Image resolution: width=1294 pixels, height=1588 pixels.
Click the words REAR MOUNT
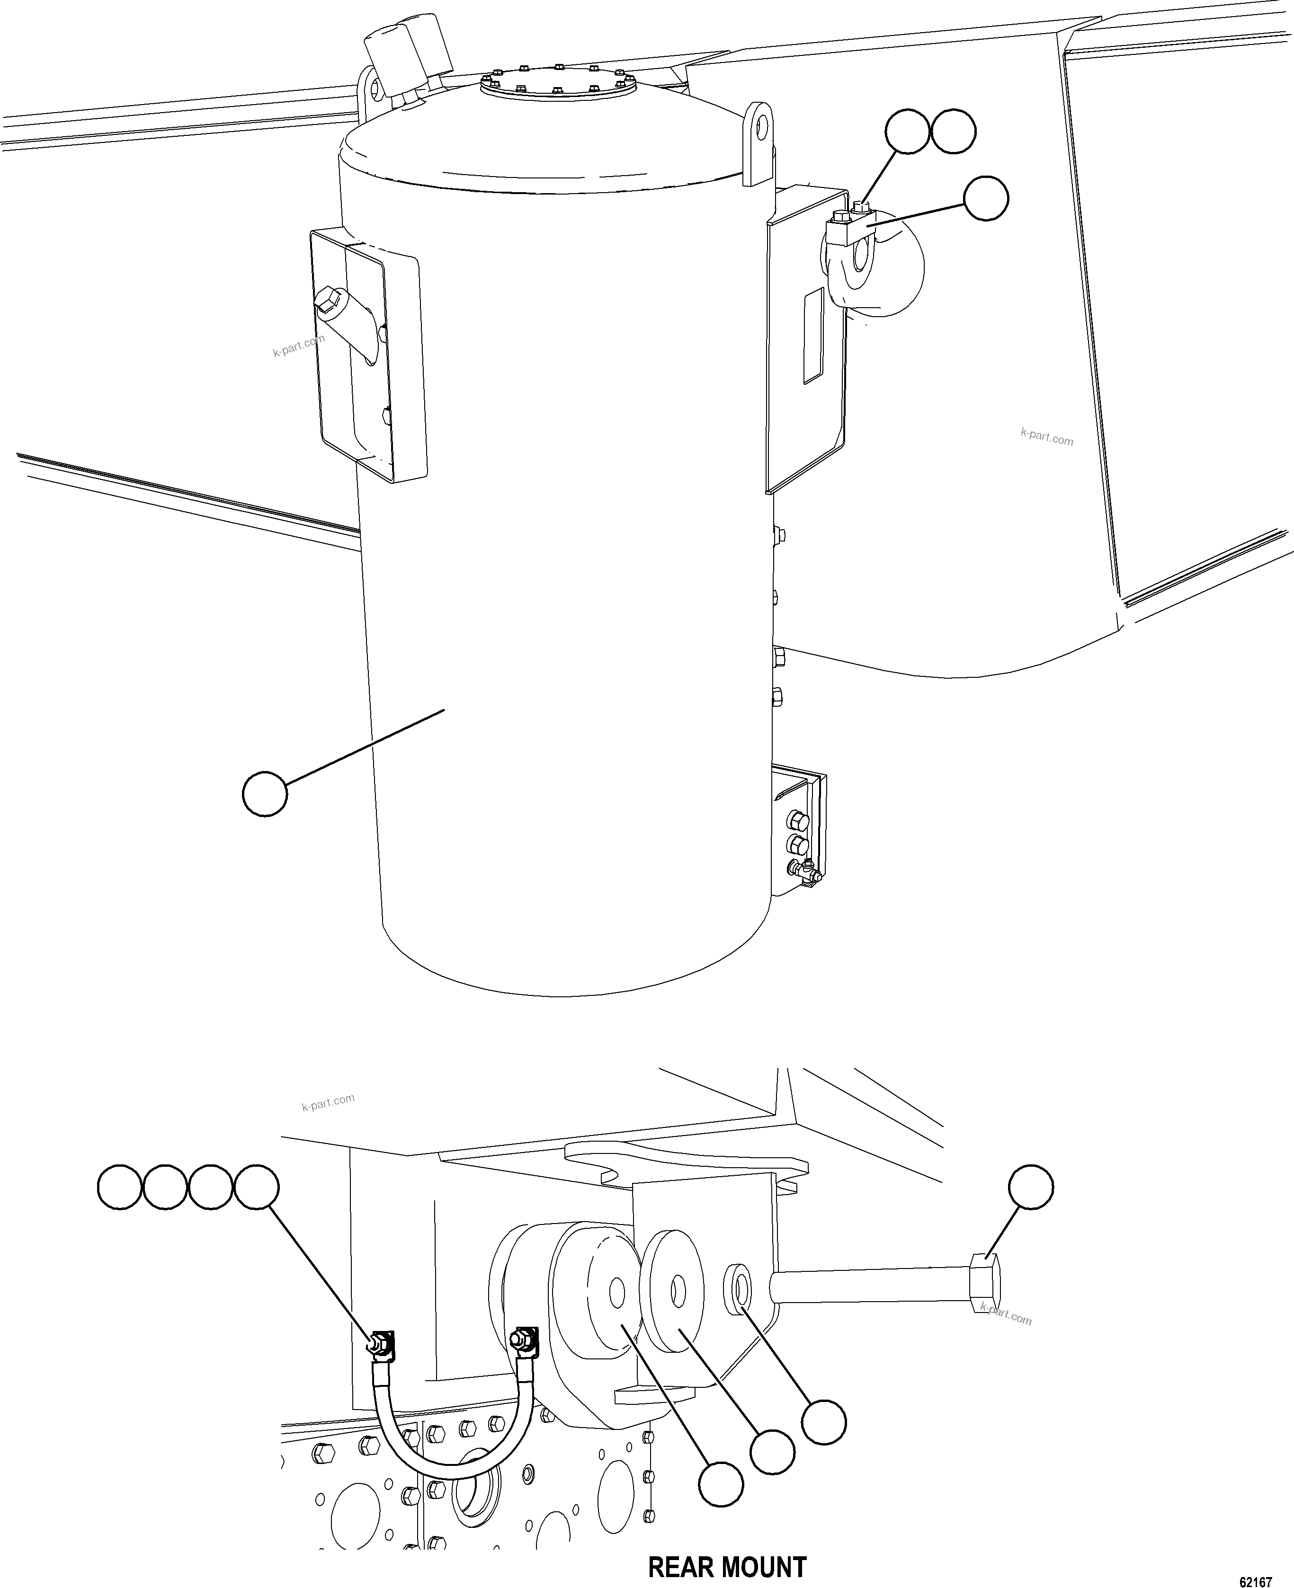[x=727, y=1546]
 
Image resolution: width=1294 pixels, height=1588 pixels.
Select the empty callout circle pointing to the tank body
[x=265, y=794]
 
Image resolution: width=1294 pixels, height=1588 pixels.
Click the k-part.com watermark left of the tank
[x=298, y=345]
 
